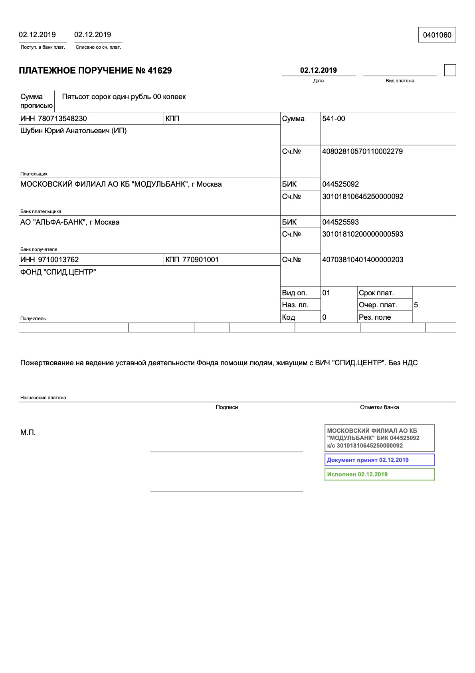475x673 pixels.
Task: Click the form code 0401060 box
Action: tap(437, 35)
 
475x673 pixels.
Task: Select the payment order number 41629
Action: tap(159, 71)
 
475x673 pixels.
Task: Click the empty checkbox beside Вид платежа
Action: tap(450, 70)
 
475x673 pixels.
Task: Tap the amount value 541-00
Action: tap(333, 119)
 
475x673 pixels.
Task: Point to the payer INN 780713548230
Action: tap(62, 119)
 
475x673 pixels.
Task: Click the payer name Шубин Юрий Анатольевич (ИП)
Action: tap(73, 131)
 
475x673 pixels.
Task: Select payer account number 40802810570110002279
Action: tap(362, 151)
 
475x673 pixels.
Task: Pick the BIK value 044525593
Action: tap(340, 222)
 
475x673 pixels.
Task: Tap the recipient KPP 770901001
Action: tap(200, 260)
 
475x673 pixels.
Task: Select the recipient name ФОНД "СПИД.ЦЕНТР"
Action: tap(58, 272)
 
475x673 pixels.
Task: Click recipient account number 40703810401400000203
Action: tap(362, 260)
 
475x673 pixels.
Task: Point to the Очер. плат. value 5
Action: tap(416, 305)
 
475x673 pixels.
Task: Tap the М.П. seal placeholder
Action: tap(28, 432)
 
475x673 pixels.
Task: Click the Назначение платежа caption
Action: tap(43, 398)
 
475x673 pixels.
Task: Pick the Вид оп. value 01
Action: tap(326, 293)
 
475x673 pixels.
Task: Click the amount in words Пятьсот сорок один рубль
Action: tap(124, 97)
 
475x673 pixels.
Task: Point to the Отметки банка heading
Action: tap(379, 407)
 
